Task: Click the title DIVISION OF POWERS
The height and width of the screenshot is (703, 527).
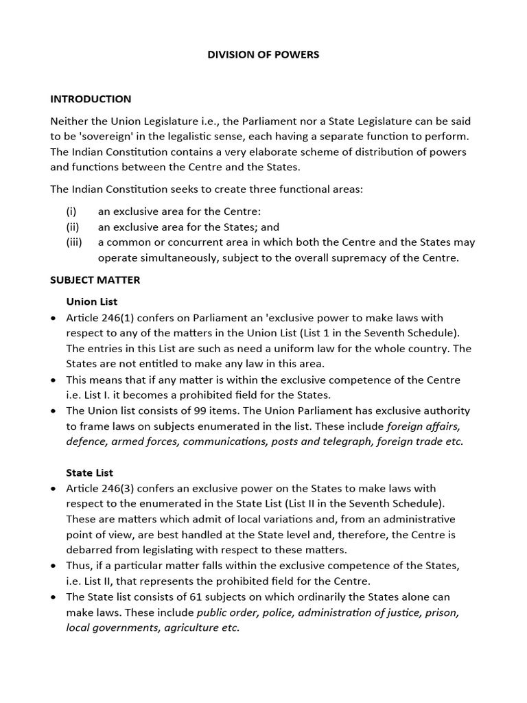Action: point(263,54)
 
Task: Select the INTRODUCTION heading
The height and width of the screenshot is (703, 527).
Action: point(91,99)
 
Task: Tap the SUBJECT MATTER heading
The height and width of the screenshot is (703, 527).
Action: point(95,280)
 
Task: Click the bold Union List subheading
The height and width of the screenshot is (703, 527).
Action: point(91,301)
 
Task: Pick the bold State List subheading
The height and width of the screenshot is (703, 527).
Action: point(89,472)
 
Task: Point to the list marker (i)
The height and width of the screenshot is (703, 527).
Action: point(71,211)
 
